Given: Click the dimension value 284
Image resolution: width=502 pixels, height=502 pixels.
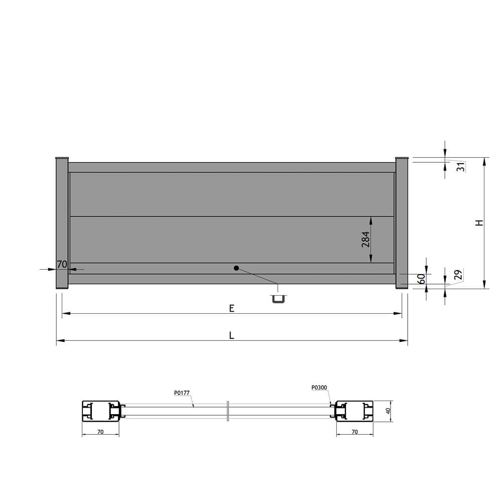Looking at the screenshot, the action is (x=365, y=239).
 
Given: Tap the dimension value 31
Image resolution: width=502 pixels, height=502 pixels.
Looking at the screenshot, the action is (x=461, y=167).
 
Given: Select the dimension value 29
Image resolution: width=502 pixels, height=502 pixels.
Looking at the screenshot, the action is (x=458, y=275).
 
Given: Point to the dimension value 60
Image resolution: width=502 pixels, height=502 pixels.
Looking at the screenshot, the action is (x=422, y=279).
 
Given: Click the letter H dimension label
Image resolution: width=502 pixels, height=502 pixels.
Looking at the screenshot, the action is (x=479, y=223).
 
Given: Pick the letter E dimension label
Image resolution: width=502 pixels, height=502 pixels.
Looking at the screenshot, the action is (x=232, y=308).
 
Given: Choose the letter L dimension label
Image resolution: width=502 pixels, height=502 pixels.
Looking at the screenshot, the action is (x=232, y=335).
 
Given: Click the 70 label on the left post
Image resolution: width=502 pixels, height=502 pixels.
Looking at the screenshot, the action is (x=62, y=265).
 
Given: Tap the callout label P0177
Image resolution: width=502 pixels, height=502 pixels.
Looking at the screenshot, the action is (x=182, y=393).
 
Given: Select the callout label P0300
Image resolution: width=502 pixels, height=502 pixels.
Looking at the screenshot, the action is (x=319, y=388).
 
